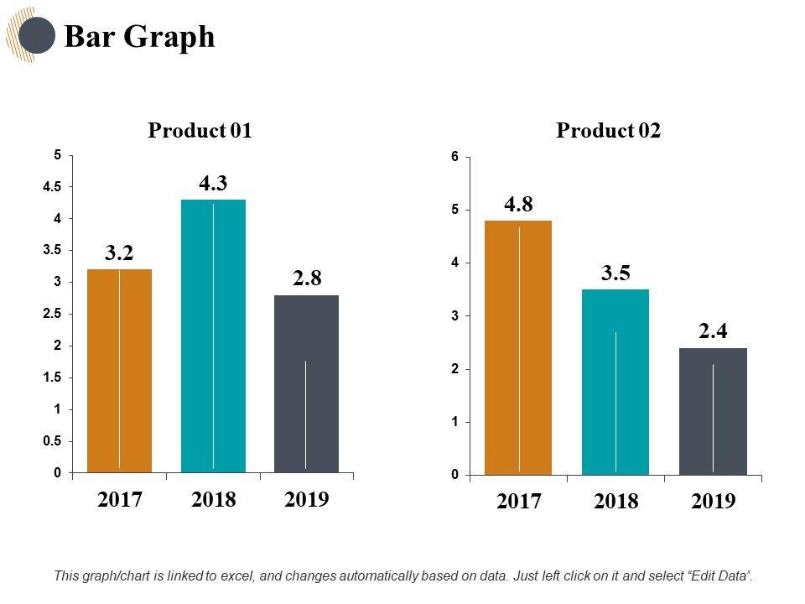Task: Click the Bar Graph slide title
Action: [x=139, y=37]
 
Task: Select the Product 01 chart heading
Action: [x=200, y=131]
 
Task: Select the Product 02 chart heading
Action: [x=608, y=131]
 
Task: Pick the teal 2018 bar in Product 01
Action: [x=213, y=336]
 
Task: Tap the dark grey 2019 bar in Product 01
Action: [x=306, y=384]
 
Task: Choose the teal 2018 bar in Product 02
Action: [x=615, y=382]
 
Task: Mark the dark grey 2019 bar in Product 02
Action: [x=713, y=411]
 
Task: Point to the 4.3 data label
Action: [x=214, y=184]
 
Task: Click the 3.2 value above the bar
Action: [x=120, y=253]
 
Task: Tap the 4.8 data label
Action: [x=518, y=204]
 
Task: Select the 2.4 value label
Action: [x=713, y=331]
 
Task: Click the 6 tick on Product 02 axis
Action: [x=454, y=157]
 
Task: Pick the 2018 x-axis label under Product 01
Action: [x=213, y=500]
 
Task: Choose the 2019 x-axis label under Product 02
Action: [x=713, y=502]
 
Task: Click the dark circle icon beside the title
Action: [x=36, y=35]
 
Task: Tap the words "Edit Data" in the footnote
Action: [x=719, y=576]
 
